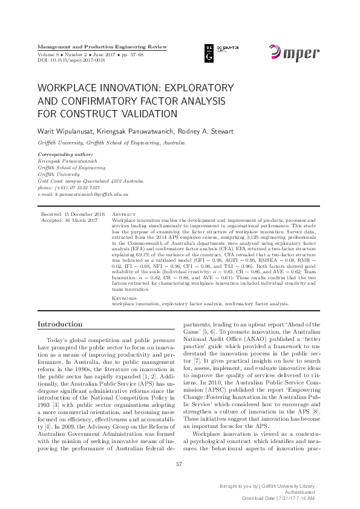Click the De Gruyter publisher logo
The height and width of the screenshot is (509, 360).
click(217, 53)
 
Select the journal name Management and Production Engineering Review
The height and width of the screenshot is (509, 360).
click(102, 47)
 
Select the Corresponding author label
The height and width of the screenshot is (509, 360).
click(62, 155)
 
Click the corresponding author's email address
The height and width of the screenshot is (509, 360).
click(83, 195)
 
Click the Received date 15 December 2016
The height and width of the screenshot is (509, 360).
click(73, 215)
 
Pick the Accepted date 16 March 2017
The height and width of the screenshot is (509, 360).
click(71, 221)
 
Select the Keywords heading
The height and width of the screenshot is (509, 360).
click(125, 298)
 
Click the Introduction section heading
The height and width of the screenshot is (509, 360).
click(60, 325)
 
